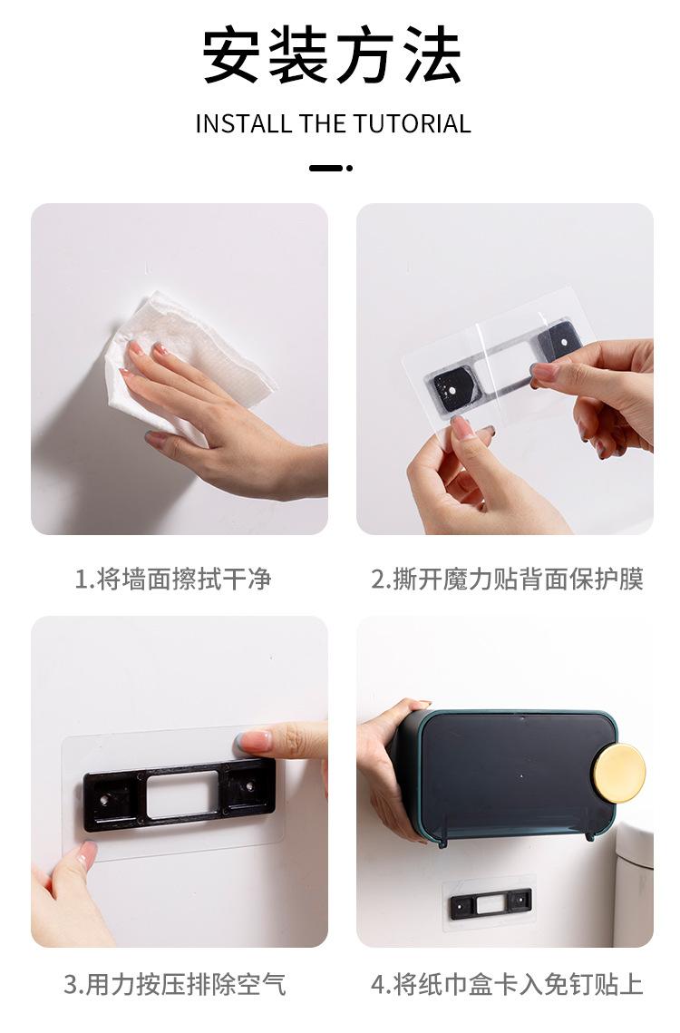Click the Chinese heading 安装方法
(x=332, y=56)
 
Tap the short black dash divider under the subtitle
(x=326, y=168)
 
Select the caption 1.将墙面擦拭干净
(x=172, y=580)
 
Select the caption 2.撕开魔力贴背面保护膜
(x=507, y=580)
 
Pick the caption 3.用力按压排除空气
(x=174, y=984)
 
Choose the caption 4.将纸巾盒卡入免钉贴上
(x=507, y=984)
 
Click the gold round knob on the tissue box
(x=618, y=773)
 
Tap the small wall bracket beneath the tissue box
(x=491, y=902)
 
